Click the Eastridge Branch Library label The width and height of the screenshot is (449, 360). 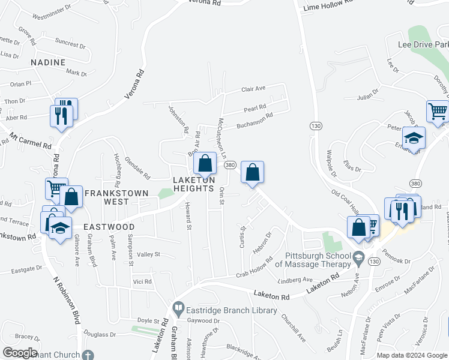232,310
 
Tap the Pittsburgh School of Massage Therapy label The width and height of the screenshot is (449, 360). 313,259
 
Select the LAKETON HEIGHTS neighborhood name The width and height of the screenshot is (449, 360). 193,184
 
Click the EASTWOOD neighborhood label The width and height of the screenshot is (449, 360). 109,227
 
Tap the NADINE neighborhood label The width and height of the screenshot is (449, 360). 47,62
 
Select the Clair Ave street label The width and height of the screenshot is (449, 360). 253,89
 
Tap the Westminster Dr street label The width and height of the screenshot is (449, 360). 52,11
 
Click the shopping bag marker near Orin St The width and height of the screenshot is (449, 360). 253,173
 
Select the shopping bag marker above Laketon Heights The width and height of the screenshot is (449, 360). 205,163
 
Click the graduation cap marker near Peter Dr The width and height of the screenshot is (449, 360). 414,137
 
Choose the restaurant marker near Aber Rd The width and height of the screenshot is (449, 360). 61,115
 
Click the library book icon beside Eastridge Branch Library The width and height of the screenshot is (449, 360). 178,310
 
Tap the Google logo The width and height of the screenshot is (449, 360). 20,353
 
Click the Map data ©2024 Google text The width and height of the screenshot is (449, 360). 412,355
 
